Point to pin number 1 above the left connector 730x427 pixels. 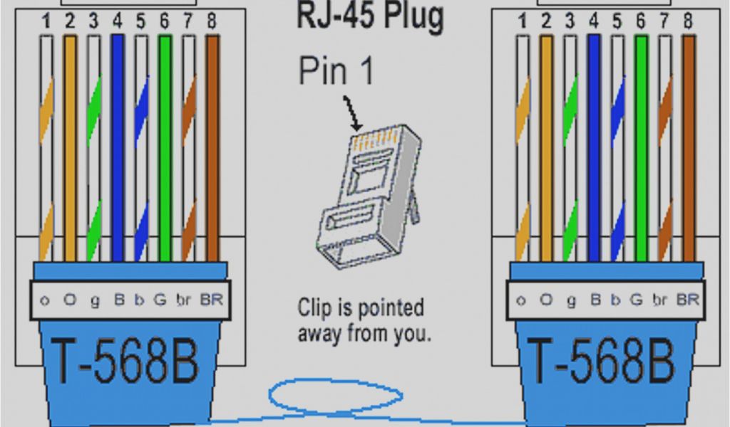tap(46, 21)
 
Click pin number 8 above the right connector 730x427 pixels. tap(687, 21)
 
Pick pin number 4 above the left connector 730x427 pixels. tap(118, 21)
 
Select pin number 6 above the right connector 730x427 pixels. tap(640, 21)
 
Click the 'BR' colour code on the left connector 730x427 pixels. tap(212, 300)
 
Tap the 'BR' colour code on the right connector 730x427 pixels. tap(688, 300)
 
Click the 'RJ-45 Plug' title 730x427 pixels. tap(370, 16)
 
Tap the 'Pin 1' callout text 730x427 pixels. tap(335, 71)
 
